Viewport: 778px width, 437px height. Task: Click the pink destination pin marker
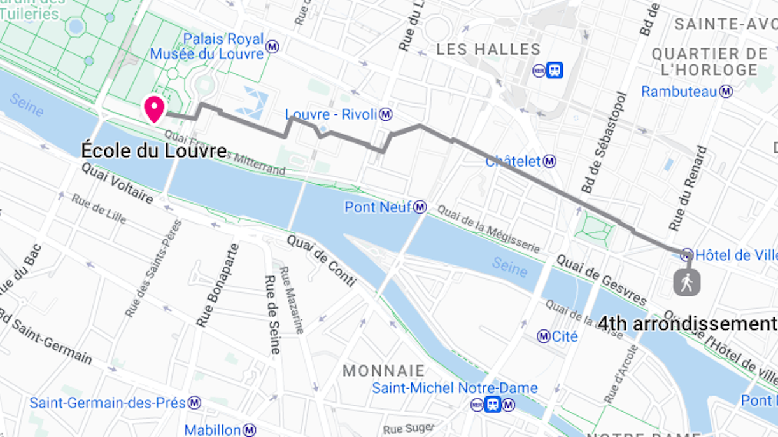coord(154,108)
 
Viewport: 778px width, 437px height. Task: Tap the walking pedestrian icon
coord(686,282)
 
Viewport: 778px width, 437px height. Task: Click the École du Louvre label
coord(154,151)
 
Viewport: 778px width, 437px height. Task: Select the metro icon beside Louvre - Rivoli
coord(386,114)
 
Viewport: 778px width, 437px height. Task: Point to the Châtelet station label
coord(513,162)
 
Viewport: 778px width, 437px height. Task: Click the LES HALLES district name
coord(488,50)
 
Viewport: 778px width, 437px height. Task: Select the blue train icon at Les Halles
coord(555,70)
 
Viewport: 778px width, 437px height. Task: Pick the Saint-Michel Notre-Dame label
coord(455,388)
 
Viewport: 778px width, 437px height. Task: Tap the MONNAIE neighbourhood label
coord(383,370)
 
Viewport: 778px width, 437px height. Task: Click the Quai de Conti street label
coord(321,260)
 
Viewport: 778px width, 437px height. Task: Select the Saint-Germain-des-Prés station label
coord(107,403)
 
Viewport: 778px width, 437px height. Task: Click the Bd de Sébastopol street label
coord(604,143)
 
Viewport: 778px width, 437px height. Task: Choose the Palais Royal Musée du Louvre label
coord(207,46)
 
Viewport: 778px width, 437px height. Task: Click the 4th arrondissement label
coord(686,323)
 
